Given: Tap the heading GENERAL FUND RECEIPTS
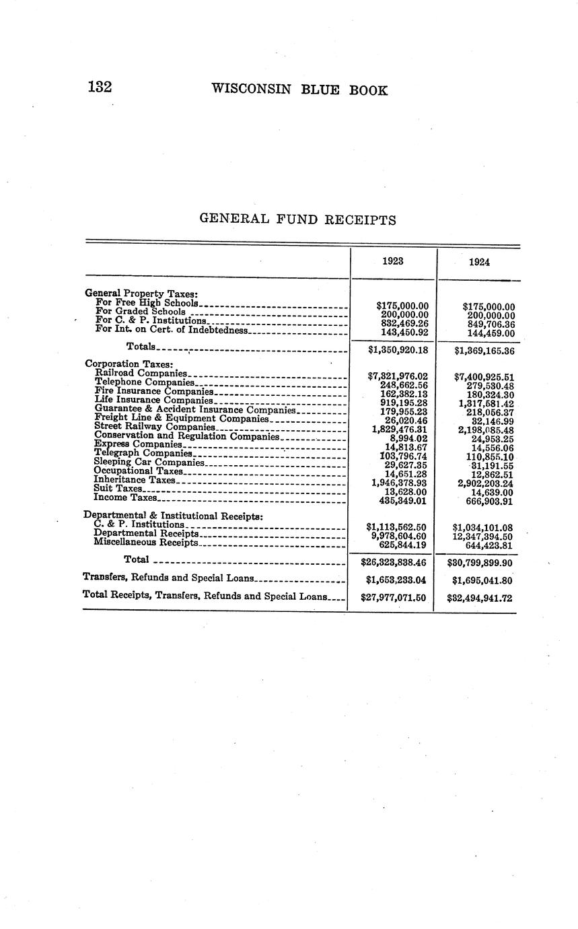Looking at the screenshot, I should [x=297, y=219].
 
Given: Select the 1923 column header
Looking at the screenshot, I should [x=393, y=261].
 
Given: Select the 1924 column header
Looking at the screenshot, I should [x=478, y=262].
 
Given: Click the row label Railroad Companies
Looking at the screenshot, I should [x=141, y=373].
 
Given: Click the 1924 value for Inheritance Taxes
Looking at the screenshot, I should [x=485, y=483].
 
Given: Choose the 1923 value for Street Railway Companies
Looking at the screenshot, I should [x=400, y=429].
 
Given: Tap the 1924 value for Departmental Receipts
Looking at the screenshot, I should [x=484, y=537].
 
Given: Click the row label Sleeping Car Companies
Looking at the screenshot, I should [x=149, y=462].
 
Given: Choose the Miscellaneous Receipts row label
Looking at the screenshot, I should [x=146, y=542].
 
